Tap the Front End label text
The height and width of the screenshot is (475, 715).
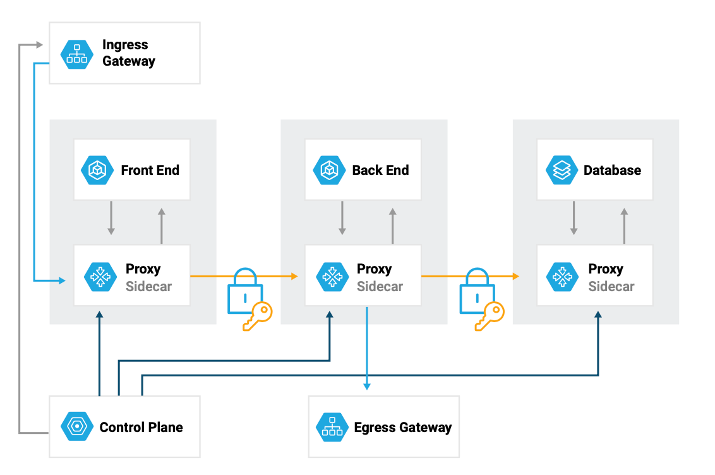150,171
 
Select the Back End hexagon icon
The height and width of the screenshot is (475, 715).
329,171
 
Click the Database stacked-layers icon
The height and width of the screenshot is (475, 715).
562,171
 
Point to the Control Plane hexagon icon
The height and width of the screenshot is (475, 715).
76,427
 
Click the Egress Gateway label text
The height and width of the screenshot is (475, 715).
402,428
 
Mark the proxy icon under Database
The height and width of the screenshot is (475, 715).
562,277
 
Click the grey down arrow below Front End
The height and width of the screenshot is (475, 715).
111,218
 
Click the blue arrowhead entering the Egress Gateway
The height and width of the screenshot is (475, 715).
367,385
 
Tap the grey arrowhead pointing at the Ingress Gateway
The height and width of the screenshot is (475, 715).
39,45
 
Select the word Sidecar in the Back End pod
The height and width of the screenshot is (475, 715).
380,286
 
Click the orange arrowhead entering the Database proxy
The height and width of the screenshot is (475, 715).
516,276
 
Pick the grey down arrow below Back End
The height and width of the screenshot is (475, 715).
342,218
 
